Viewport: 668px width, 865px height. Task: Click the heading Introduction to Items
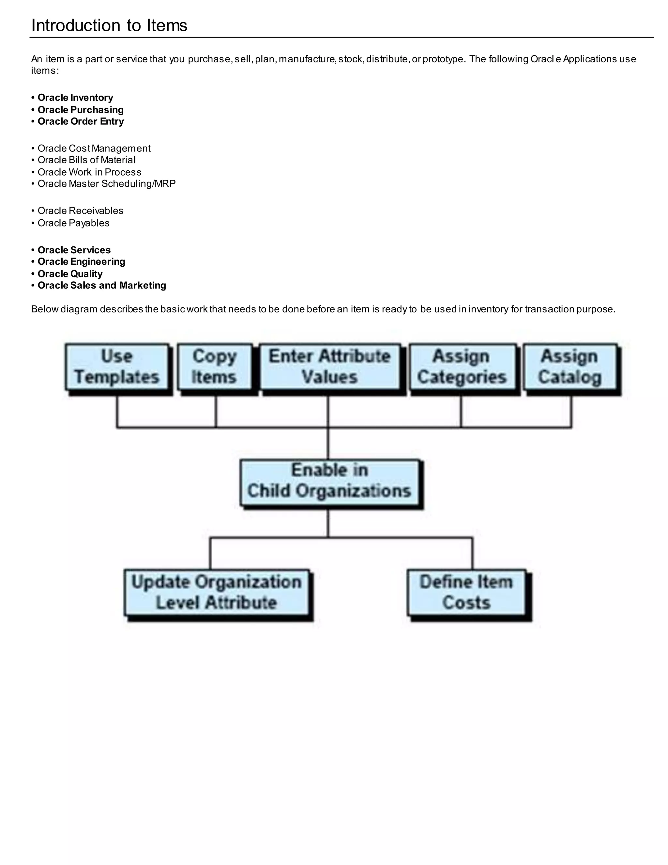click(x=109, y=25)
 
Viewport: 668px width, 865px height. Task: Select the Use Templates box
click(x=117, y=367)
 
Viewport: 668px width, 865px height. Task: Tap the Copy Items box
click(x=215, y=367)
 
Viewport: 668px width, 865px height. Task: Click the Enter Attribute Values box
click(x=330, y=367)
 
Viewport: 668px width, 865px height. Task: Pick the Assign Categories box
click(x=462, y=367)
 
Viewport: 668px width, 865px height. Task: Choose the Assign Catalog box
click(x=570, y=367)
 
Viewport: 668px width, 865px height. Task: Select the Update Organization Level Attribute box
click(x=217, y=592)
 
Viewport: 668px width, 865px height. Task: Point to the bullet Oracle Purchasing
click(x=80, y=110)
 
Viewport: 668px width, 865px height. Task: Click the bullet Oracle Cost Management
click(x=94, y=148)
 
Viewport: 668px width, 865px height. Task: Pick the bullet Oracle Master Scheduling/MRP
click(x=106, y=183)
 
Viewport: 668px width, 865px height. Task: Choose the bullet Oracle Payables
click(x=73, y=223)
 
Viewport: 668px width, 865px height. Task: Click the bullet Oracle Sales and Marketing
click(x=102, y=285)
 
